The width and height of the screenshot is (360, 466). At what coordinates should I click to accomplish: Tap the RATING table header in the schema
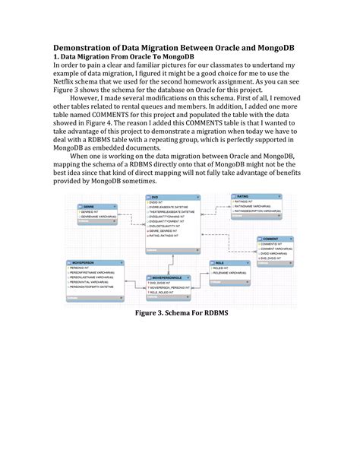coord(244,196)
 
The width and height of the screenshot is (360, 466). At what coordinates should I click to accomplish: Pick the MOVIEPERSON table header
coord(83,262)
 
